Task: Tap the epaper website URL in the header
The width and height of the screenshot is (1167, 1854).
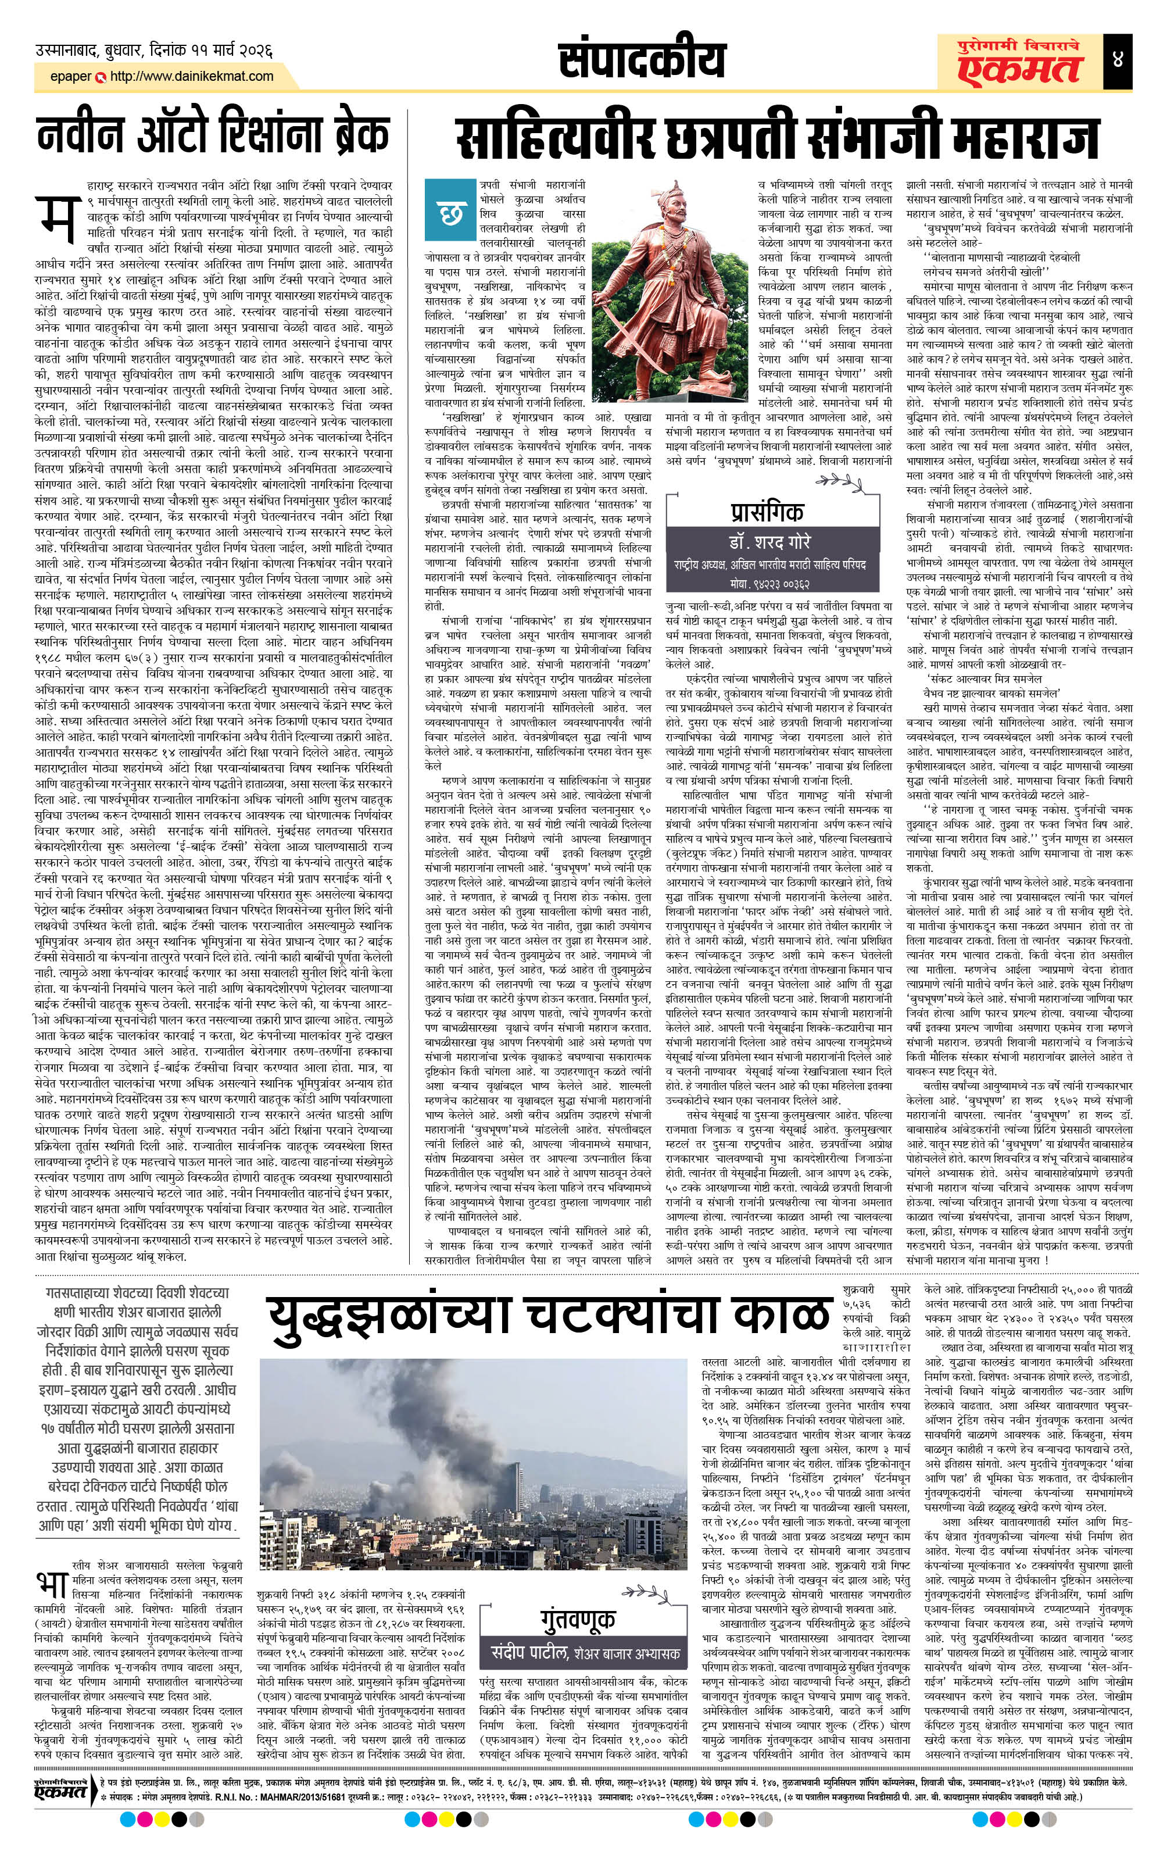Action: coord(192,76)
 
